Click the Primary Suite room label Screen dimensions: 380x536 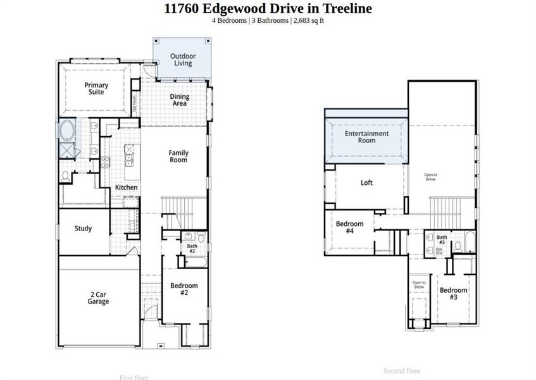pos(97,89)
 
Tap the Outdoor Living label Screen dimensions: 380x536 pos(183,60)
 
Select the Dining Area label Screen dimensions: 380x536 pos(179,100)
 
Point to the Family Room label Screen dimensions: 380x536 pos(178,156)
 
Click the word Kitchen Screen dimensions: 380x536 pos(126,187)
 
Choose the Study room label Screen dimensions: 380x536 pos(83,229)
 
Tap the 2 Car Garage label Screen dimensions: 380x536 pos(98,298)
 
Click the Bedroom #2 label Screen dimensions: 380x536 pos(184,289)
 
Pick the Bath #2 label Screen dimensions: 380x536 pos(191,248)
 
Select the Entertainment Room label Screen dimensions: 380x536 pos(366,137)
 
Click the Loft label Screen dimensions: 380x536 pos(366,183)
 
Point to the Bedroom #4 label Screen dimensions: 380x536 pos(349,227)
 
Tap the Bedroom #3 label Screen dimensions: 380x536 pos(454,294)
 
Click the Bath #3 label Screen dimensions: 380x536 pos(442,239)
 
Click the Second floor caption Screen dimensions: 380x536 pos(402,371)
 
